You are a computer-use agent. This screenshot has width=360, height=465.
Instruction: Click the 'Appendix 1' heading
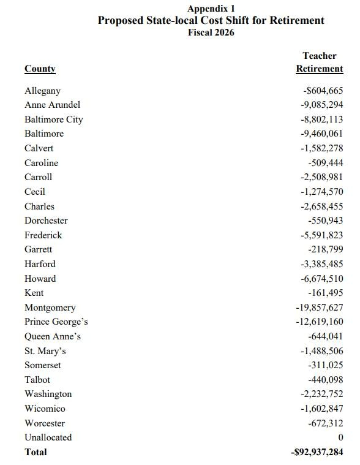[x=211, y=9]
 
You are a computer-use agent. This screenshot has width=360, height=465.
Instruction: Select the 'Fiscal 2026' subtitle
[x=211, y=32]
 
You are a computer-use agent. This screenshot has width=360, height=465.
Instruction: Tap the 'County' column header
[x=40, y=69]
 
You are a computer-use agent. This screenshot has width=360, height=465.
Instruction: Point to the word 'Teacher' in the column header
[x=319, y=56]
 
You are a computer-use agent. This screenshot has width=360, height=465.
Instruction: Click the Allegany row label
[x=42, y=91]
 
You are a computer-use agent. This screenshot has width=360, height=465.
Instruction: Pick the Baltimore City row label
[x=53, y=119]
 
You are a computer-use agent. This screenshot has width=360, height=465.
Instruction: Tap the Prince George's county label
[x=56, y=322]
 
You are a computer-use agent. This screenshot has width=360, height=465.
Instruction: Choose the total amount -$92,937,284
[x=317, y=452]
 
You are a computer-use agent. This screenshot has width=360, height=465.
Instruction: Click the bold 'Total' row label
[x=36, y=452]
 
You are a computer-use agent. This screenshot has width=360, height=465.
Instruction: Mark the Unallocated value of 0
[x=340, y=437]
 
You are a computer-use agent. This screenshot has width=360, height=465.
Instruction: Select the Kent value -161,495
[x=325, y=293]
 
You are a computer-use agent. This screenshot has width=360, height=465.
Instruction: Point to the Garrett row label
[x=38, y=249]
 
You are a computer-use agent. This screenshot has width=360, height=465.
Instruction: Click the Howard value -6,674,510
[x=321, y=279]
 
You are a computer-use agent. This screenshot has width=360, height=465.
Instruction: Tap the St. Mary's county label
[x=45, y=351]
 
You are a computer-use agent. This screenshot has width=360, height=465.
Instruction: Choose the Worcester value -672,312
[x=325, y=423]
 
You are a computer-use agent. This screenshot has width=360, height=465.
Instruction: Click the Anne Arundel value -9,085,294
[x=321, y=105]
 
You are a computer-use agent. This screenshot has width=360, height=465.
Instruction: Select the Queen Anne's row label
[x=52, y=336]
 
